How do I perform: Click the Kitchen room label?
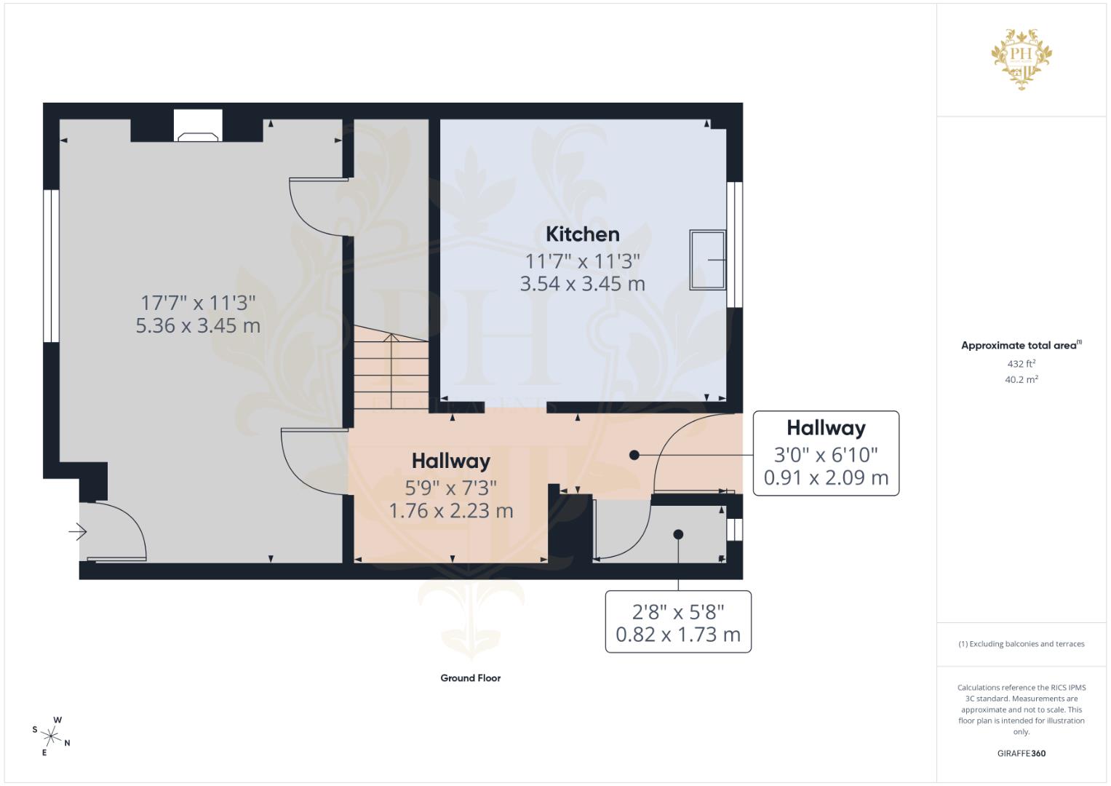[582, 234]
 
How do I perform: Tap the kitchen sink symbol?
[707, 260]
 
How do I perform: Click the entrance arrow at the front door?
[77, 533]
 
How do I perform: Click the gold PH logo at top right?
[1022, 58]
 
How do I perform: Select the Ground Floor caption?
[470, 678]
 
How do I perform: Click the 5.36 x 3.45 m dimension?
[198, 325]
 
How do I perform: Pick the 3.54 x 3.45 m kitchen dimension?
[582, 284]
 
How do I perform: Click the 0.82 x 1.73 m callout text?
[677, 635]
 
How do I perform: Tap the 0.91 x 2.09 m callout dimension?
[826, 477]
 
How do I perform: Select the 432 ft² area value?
[1021, 364]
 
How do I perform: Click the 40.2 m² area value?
[1021, 379]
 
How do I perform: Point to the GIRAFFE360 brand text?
[1021, 753]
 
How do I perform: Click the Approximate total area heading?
[1020, 346]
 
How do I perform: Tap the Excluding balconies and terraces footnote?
[1021, 644]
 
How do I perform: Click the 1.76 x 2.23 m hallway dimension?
[451, 511]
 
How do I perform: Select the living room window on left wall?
[51, 266]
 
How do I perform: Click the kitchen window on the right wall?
[735, 244]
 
